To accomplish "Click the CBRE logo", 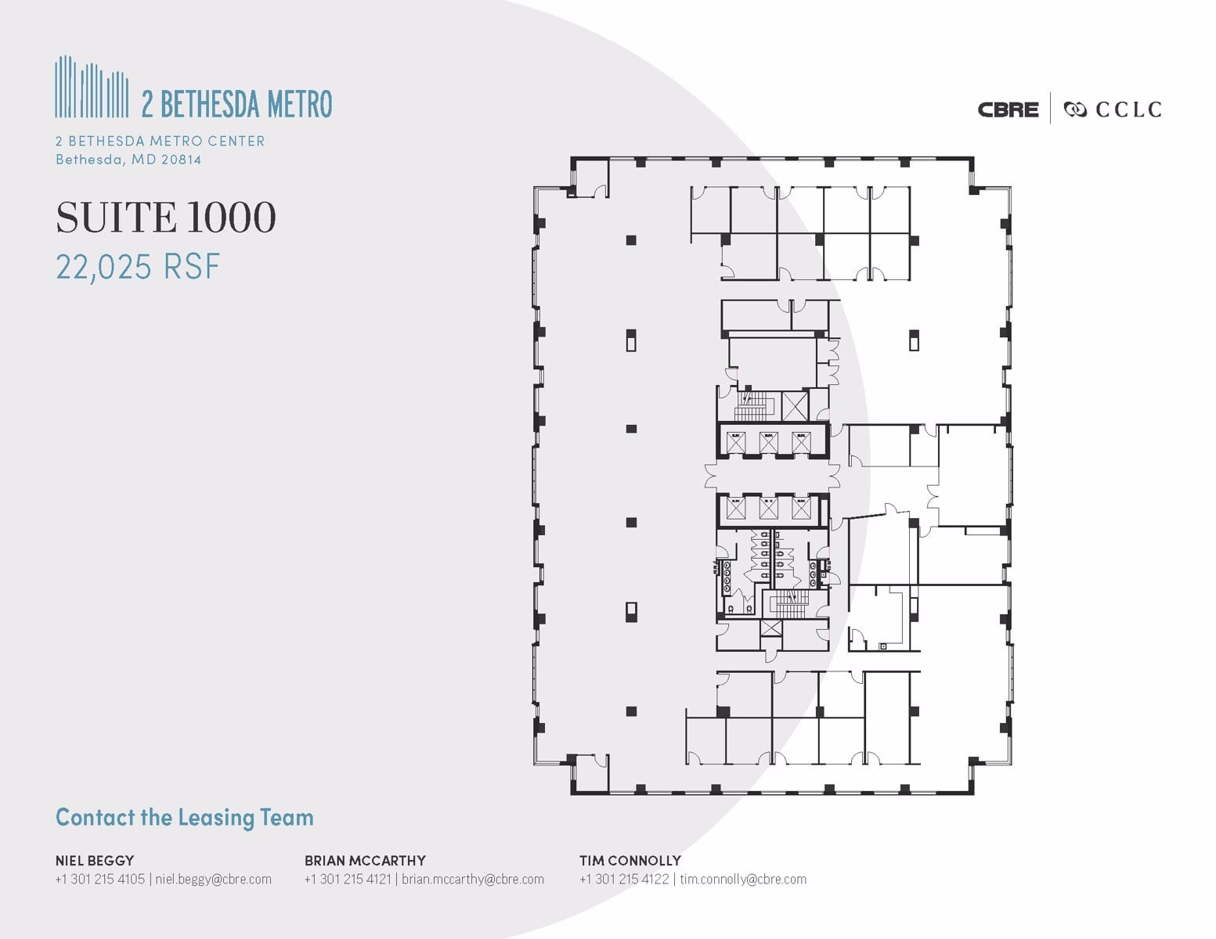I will tap(1008, 110).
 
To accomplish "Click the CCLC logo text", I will tap(1128, 110).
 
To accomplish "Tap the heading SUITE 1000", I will tap(166, 218).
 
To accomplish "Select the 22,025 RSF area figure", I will tap(138, 267).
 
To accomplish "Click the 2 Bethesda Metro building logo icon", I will tap(92, 87).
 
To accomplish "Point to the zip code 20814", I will tap(181, 160).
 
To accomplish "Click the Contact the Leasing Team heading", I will tap(184, 818).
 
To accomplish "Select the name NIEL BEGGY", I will tap(94, 860).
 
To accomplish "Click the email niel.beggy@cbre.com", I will tap(213, 879).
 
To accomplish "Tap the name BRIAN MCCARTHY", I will tap(365, 860).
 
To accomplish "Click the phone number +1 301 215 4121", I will tap(348, 879).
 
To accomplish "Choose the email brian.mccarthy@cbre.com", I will tap(473, 879).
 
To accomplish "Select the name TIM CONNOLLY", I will tap(630, 860).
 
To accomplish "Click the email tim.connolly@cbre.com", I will tap(743, 879).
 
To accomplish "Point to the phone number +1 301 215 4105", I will tap(99, 879).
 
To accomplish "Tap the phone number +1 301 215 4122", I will tap(624, 879).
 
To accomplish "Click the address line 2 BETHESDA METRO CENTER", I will tap(160, 141).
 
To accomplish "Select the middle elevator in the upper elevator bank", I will tap(768, 442).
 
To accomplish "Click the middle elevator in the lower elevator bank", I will tap(768, 509).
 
